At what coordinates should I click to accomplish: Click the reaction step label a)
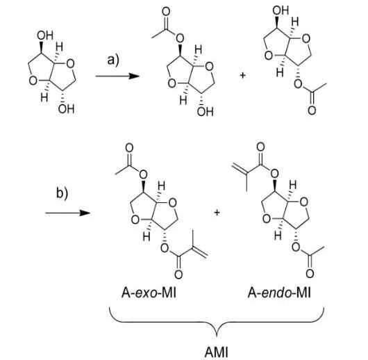point(113,60)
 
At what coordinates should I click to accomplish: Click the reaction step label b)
point(62,193)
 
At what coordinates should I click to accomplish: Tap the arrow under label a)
point(117,76)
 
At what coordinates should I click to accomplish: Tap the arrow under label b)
point(67,213)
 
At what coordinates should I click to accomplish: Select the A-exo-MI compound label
point(149,293)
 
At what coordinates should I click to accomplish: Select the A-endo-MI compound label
point(279,293)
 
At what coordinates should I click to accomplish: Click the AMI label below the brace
point(217,352)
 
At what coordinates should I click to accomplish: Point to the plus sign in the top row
point(243,76)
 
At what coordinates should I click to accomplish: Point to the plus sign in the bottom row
point(217,213)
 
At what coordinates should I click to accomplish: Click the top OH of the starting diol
point(45,35)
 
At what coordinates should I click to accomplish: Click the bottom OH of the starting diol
point(67,109)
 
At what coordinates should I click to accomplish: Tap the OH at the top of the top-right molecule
point(281,10)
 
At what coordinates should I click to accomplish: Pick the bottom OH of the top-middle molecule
point(206,112)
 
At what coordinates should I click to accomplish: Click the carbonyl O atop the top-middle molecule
point(166,12)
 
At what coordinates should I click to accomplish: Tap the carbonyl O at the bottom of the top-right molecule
point(312,111)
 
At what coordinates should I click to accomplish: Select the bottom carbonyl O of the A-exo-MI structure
point(178,275)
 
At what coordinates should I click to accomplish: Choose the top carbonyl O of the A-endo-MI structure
point(260,147)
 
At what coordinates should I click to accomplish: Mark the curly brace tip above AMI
point(217,336)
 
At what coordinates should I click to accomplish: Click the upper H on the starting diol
point(59,47)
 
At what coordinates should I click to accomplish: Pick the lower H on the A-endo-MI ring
point(278,236)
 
